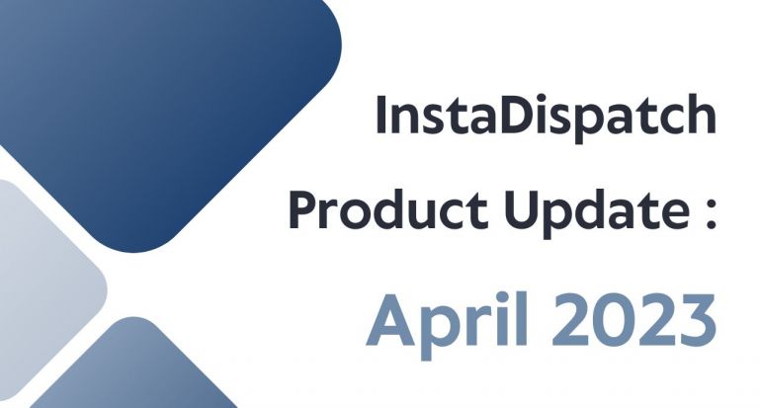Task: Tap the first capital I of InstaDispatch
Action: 381,117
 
